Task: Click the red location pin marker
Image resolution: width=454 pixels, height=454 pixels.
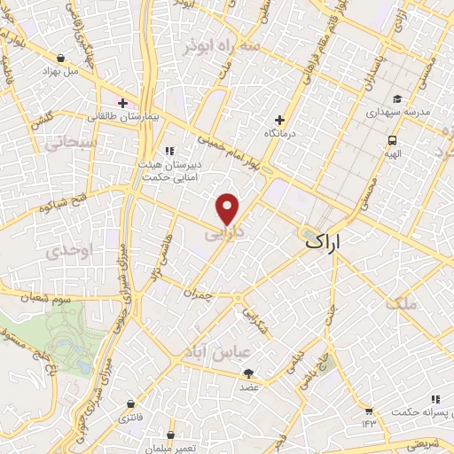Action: point(228,208)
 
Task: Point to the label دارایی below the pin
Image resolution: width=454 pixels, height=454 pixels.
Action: point(223,236)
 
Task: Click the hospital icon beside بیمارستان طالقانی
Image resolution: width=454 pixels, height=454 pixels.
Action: point(121,102)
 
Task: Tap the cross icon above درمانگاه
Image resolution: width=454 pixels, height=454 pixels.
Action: point(280,120)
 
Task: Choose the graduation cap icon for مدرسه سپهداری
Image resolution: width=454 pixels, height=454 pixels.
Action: point(397,99)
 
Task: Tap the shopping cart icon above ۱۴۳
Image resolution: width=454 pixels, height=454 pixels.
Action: point(368,411)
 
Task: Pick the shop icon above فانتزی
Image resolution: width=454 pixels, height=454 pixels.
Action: point(131,403)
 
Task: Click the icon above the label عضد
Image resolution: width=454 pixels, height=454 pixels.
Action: point(248,373)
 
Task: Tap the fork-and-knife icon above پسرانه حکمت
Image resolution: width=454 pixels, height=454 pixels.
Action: point(434,400)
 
